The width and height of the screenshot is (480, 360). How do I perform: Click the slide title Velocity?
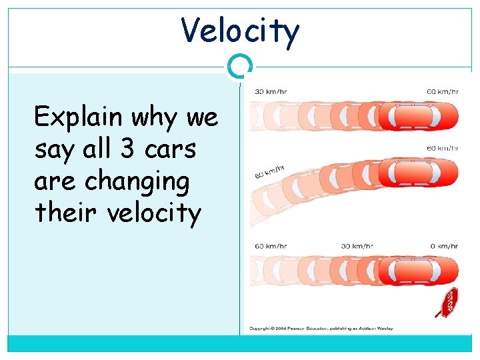(x=240, y=30)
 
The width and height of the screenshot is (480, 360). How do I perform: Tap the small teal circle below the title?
(x=240, y=67)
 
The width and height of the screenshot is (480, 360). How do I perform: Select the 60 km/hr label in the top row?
(x=441, y=91)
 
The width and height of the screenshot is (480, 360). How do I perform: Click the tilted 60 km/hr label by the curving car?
(x=269, y=173)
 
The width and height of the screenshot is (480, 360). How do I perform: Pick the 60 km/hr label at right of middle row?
(x=441, y=148)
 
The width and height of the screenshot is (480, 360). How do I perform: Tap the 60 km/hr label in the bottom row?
(x=271, y=246)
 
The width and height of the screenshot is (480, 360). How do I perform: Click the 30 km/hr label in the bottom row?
(x=357, y=246)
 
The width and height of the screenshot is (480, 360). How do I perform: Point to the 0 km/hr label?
(x=443, y=246)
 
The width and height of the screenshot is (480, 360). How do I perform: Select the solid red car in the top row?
(x=418, y=116)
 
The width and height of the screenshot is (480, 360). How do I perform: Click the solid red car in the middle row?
(x=418, y=173)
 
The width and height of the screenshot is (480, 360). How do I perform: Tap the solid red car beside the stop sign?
(x=418, y=271)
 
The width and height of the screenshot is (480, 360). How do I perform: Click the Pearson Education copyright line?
(x=321, y=328)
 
